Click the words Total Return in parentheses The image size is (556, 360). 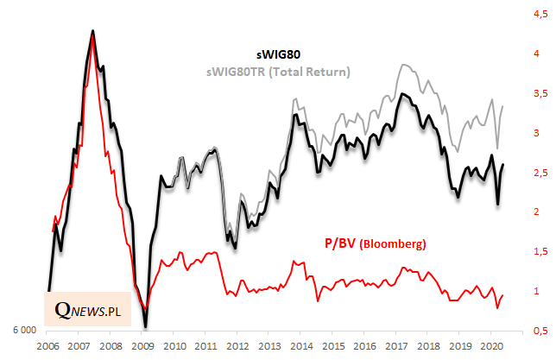tap(307, 72)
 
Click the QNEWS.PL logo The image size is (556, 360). tap(86, 309)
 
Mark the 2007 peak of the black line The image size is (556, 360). tap(92, 31)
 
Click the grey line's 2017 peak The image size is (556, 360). tap(401, 65)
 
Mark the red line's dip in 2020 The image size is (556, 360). tap(497, 307)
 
